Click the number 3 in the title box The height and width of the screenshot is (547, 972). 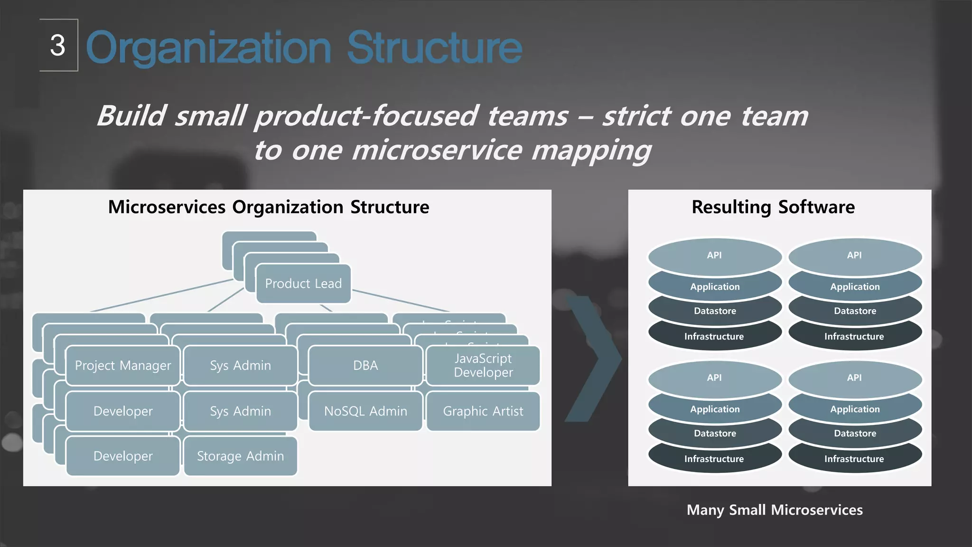tap(57, 46)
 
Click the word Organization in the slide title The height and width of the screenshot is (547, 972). tap(208, 47)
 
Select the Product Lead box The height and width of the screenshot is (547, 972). tap(303, 283)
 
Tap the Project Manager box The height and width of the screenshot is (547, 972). tap(123, 365)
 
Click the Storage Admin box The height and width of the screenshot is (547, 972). tap(240, 456)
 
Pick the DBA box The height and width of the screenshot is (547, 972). tap(365, 365)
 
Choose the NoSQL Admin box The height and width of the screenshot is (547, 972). tap(365, 411)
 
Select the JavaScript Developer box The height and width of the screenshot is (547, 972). tap(483, 365)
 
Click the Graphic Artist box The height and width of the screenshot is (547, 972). tap(483, 411)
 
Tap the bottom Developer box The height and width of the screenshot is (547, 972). tap(123, 456)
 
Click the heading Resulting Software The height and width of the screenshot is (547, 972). tap(773, 207)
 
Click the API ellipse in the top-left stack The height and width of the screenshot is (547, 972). tap(714, 255)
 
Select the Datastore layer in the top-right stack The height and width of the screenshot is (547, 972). tap(855, 311)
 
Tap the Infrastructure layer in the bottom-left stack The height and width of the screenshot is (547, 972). tap(714, 459)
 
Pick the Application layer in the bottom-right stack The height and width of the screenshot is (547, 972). tap(855, 409)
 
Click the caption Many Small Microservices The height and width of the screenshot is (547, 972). tap(775, 510)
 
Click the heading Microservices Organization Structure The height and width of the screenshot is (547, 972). tap(269, 207)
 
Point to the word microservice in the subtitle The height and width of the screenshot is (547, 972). tap(437, 151)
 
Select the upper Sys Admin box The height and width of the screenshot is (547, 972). tap(240, 365)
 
